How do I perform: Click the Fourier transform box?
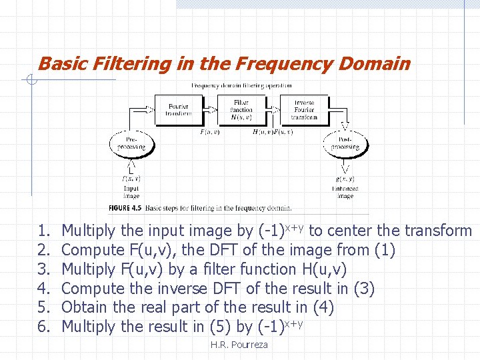[178, 109]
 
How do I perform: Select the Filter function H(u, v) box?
[241, 109]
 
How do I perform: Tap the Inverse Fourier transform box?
[304, 109]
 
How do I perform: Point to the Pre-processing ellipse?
[132, 143]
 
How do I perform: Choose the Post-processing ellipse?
[345, 143]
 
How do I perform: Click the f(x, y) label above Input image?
[131, 179]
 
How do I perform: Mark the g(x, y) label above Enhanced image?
[345, 179]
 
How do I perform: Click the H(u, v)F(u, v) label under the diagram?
[273, 132]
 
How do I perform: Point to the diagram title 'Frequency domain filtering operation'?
[241, 85]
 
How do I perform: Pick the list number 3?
[44, 269]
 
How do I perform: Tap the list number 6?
[44, 327]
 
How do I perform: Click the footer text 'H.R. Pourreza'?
[239, 345]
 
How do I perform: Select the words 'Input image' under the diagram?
[131, 192]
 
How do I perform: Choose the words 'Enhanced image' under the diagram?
[345, 192]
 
